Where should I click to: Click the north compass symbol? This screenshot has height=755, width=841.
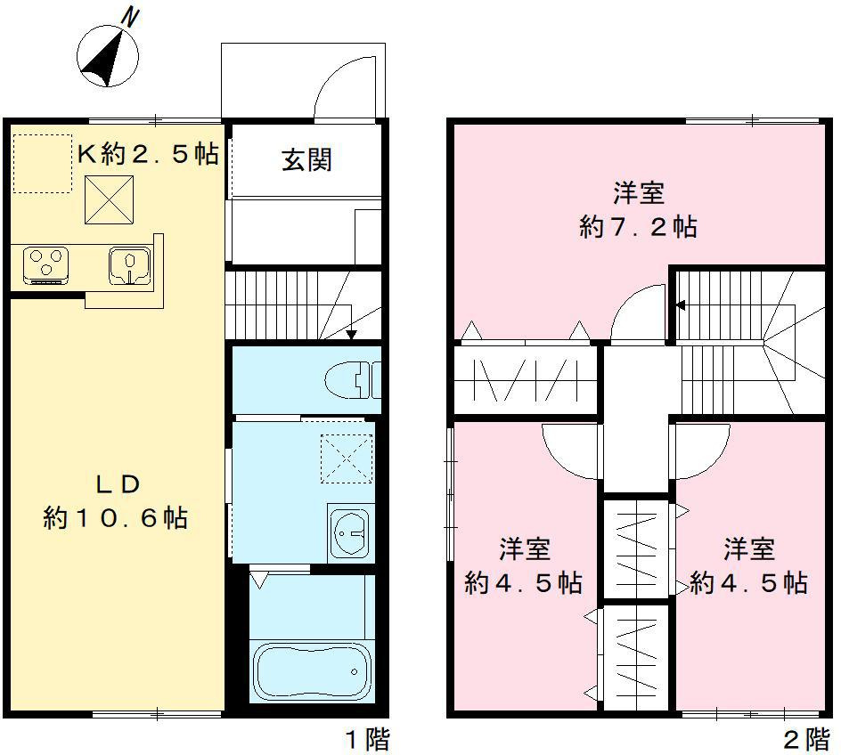[109, 55]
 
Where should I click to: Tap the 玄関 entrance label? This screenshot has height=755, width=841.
[306, 160]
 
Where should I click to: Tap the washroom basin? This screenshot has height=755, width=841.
[349, 533]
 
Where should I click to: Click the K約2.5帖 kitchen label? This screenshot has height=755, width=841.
[148, 154]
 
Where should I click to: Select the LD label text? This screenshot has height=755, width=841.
[118, 484]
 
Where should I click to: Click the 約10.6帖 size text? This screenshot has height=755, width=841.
[116, 517]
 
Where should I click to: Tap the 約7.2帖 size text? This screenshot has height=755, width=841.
[638, 227]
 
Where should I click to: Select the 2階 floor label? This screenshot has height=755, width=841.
[805, 739]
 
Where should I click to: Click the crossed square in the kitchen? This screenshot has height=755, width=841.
[110, 199]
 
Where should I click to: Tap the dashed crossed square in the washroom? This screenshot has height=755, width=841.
[344, 458]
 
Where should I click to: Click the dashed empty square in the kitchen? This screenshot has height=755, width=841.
[41, 164]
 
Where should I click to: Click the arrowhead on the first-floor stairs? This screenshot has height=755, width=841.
[351, 335]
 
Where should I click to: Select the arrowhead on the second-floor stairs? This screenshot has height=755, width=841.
[680, 305]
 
